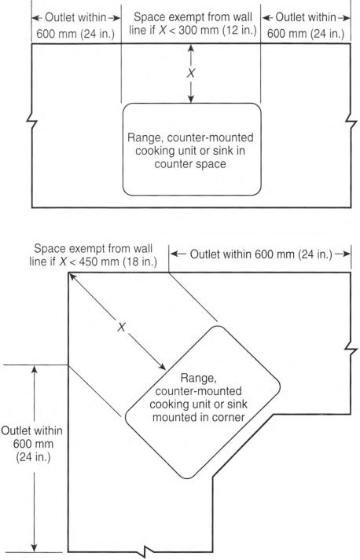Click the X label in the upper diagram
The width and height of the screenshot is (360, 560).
pos(191,73)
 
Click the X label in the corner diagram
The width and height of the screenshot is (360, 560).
pos(122,327)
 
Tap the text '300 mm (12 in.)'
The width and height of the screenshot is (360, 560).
pos(218,30)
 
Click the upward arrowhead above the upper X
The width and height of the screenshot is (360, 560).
pos(191,47)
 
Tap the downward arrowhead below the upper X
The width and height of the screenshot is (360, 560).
pos(191,99)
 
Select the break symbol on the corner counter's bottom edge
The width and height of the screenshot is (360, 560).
pos(149,551)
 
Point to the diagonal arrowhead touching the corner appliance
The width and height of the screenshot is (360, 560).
pos(162,367)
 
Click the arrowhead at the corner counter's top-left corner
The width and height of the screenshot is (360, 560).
pos(72,276)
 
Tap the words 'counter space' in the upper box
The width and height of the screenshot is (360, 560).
pos(190,164)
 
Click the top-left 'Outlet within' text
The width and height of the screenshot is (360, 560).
pos(75,17)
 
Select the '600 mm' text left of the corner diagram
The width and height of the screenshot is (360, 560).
pos(33,444)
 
